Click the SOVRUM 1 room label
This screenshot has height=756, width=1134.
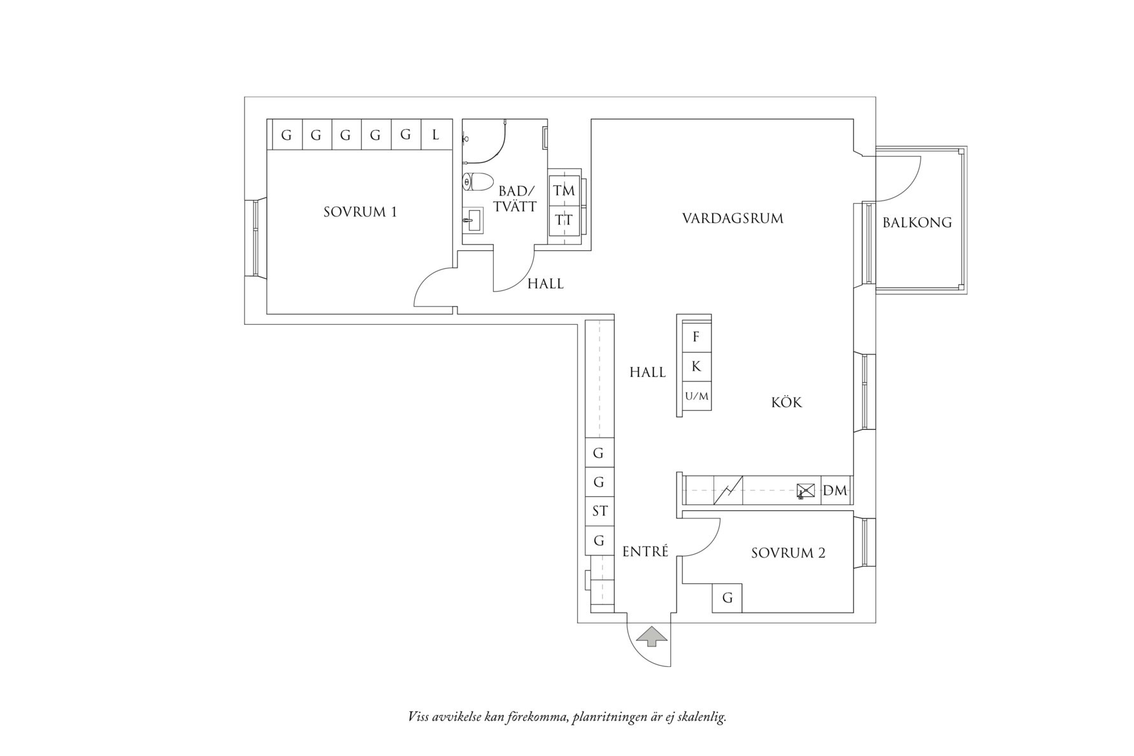pos(360,212)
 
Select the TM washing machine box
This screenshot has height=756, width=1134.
pos(564,190)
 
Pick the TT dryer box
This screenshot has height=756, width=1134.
pos(564,220)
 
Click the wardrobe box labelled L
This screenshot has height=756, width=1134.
pos(436,135)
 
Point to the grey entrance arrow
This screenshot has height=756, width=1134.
pos(652,636)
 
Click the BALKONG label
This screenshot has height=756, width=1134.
pos(917,223)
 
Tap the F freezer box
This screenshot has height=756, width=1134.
pos(696,337)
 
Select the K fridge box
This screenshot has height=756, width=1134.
pos(696,366)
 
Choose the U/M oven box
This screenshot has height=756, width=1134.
pos(696,396)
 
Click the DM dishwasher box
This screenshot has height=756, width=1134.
pos(835,490)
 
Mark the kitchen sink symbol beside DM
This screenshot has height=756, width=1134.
pos(806,490)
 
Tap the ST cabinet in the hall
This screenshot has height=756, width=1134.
pos(599,511)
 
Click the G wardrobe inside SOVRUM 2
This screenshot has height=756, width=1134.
pos(727,598)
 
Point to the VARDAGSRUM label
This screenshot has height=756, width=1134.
pos(733,218)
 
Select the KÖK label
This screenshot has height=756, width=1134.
pos(786,403)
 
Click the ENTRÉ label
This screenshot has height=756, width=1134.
pos(645,552)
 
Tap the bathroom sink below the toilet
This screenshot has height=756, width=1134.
pos(473,220)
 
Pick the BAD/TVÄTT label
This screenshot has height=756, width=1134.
pos(517,199)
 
